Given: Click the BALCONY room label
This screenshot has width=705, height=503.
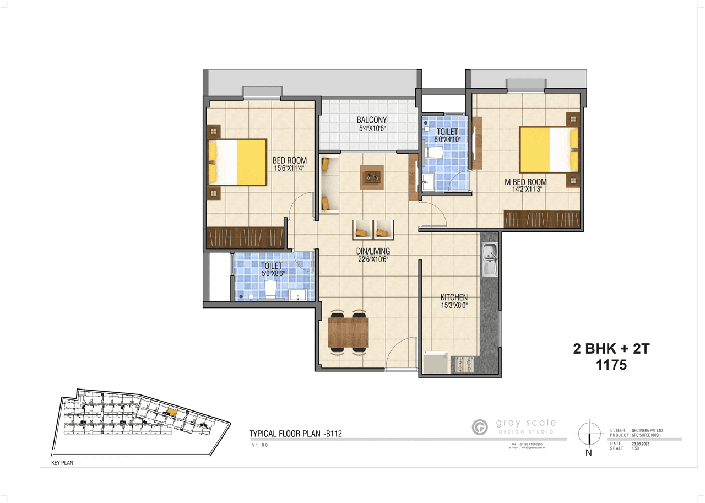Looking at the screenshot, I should tap(371, 120).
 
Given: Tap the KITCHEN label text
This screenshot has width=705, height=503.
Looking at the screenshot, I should tap(454, 298).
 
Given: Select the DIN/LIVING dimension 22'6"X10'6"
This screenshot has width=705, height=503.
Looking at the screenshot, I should tap(372, 259).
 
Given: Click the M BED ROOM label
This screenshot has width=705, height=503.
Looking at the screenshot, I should tap(526, 182).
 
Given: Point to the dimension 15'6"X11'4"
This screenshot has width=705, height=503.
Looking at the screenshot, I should tap(290, 169).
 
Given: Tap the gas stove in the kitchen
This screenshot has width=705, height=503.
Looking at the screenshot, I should tap(463, 364).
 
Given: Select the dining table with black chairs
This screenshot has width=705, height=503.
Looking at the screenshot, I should tap(348, 332).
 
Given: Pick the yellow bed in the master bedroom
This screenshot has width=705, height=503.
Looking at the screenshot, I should tap(549, 149).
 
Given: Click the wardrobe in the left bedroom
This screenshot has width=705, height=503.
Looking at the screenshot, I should tap(245, 237).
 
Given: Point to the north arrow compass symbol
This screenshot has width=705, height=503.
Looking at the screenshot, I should tap(589, 433).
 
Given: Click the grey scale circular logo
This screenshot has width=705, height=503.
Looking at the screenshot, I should tap(480, 427).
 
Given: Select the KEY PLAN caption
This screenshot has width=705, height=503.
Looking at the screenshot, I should tap(62, 463).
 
